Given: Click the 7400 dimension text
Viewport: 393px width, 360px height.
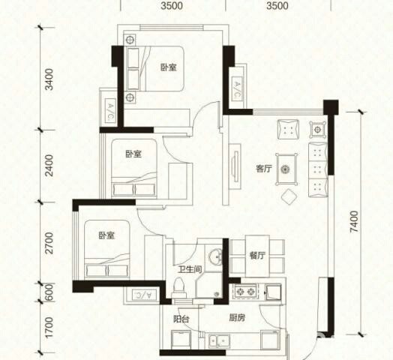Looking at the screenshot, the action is (x=354, y=221).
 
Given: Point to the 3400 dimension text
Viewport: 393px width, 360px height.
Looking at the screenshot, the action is (x=49, y=79).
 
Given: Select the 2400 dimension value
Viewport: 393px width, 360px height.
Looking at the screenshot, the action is (x=49, y=166).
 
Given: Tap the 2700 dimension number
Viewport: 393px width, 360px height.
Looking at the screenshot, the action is (x=49, y=243).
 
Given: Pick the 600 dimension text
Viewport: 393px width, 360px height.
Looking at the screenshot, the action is (x=49, y=292).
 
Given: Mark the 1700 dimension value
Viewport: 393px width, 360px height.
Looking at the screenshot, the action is (x=49, y=328).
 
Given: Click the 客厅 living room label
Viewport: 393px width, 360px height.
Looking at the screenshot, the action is (x=264, y=169).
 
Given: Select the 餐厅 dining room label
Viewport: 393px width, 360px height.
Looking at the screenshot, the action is (x=257, y=256).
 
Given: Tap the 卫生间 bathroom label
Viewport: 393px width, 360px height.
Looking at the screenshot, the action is (x=190, y=269).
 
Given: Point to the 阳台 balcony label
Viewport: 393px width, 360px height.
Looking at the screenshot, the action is (x=181, y=319).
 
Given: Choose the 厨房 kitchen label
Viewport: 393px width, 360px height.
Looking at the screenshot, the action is (x=237, y=318).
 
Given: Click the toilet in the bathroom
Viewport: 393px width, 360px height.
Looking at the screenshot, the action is (x=179, y=287).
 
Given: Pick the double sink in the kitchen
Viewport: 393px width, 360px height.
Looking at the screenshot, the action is (x=219, y=340).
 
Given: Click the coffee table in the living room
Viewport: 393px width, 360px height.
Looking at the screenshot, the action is (x=286, y=169).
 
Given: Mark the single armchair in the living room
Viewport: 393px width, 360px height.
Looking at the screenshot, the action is (x=288, y=129).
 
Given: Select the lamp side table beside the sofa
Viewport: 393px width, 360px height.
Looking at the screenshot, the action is (x=318, y=130).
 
